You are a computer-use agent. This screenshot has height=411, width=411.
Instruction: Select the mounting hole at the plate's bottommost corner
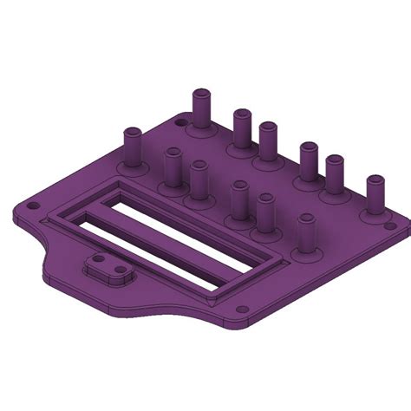click(x=239, y=309)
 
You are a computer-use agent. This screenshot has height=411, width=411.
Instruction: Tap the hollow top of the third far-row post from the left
click(x=267, y=127)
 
